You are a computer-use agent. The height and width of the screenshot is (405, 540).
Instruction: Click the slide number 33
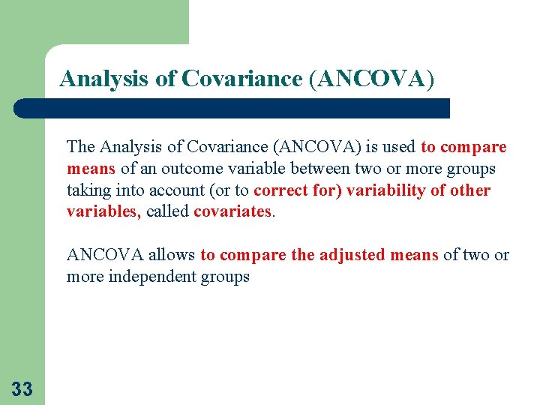[x=22, y=388]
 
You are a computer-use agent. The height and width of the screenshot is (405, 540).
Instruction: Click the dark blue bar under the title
[x=232, y=108]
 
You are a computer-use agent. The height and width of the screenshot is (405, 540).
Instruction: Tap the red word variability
[x=383, y=190]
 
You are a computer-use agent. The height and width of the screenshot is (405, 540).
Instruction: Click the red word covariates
[x=233, y=211]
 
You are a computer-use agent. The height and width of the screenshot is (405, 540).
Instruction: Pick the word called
[x=167, y=211]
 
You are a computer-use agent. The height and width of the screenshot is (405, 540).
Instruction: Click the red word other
[x=470, y=190]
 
